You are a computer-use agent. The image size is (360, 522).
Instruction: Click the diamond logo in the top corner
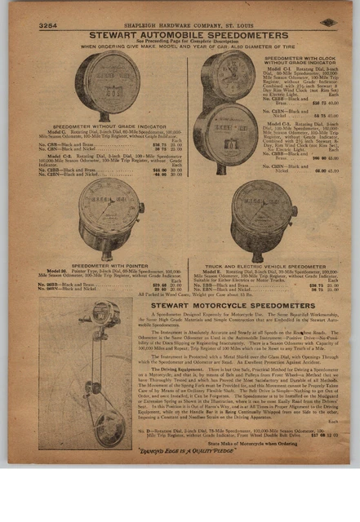tap(327, 24)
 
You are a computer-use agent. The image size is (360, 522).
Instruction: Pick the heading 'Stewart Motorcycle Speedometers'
tap(243, 304)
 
